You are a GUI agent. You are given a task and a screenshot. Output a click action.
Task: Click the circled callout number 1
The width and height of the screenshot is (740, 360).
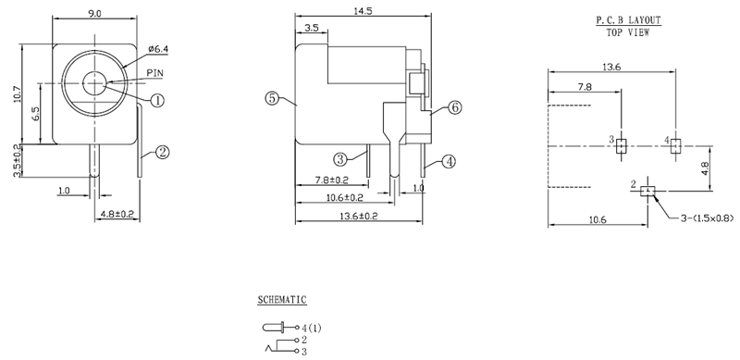click(157, 100)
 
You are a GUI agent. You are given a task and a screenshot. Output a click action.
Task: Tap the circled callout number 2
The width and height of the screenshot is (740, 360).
click(162, 152)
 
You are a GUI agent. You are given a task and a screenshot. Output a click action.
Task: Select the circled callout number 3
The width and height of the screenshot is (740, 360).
click(340, 160)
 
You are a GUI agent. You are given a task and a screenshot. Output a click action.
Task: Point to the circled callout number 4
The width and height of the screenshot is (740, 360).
click(449, 162)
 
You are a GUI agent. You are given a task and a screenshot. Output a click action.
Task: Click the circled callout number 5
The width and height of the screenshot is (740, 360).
click(272, 98)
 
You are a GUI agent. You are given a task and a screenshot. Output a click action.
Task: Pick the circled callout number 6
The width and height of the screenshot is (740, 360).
click(454, 107)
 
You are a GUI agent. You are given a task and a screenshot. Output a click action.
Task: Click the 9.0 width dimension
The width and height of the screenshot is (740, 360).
click(95, 13)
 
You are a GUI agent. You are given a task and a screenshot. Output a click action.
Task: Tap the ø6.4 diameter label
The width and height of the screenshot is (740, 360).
click(158, 49)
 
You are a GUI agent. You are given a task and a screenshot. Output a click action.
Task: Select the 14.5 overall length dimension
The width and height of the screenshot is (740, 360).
click(363, 11)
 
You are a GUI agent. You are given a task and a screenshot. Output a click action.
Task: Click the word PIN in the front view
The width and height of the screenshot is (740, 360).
click(154, 73)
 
